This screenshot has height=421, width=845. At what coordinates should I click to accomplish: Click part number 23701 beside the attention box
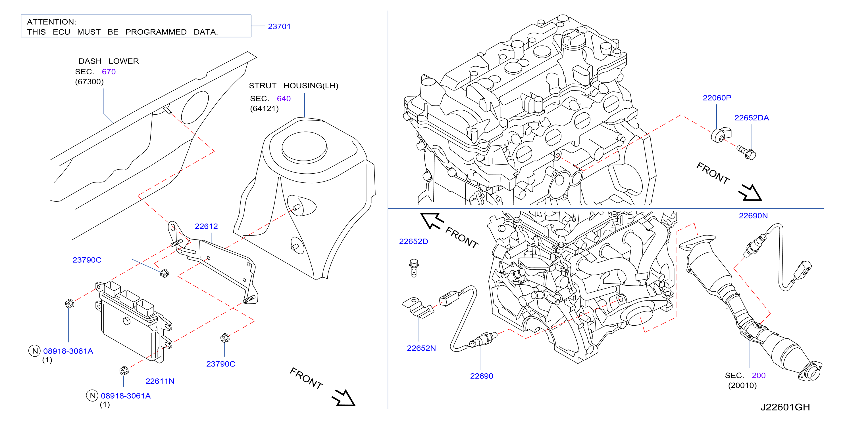coord(279,27)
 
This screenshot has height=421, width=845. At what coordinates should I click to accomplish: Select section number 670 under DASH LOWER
coord(109,72)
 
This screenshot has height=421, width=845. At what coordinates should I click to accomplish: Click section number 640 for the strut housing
coord(284,99)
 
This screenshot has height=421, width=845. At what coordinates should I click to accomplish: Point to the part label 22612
coord(206,226)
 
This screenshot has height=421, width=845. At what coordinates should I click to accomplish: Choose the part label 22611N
coord(160,381)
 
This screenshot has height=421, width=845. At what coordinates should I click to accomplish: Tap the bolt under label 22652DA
coord(746,153)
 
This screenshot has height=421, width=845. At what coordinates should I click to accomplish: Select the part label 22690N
coord(753,216)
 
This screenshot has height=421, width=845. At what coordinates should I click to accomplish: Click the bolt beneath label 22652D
coord(414,268)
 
